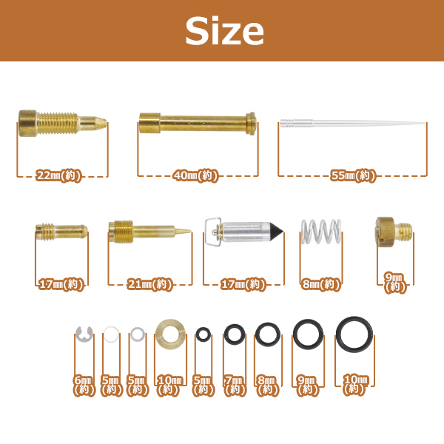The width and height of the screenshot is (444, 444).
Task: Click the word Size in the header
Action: pos(224,30)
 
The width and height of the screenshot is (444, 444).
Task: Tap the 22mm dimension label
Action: pos(58,175)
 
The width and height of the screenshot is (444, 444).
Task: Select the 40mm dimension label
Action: pos(195,175)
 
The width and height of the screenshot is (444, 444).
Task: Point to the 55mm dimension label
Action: pos(353,175)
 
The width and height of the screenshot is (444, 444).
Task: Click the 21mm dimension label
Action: pos(149,284)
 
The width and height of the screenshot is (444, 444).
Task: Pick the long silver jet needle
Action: pos(352,123)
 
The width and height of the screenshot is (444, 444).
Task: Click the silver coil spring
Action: pos(321,231)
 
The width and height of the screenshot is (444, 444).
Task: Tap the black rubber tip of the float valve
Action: pos(276,232)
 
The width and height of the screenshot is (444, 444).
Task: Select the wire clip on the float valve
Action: pos(212,232)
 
